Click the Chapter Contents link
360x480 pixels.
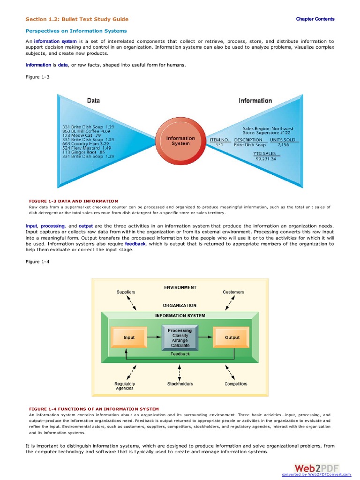point(315,19)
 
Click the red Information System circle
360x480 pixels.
point(180,141)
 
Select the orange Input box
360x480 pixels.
point(129,337)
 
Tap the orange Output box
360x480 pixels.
point(232,337)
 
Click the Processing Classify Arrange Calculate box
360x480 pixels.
point(180,337)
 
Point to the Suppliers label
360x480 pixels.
point(126,292)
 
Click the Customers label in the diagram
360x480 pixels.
point(233,292)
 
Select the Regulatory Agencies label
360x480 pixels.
point(125,386)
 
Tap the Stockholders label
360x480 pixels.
point(180,384)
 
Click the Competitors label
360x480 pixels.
point(236,384)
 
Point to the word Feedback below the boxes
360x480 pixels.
point(180,354)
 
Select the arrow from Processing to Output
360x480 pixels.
point(206,337)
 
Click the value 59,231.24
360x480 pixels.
point(265,159)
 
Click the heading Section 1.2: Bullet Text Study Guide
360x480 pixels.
point(77,19)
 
